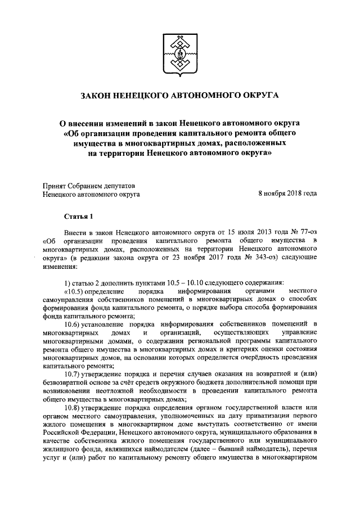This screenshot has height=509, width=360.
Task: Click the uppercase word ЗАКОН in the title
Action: click(99, 96)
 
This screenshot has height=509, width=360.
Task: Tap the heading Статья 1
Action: click(77, 217)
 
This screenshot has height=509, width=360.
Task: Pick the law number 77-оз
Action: click(306, 232)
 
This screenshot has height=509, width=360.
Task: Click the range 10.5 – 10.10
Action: click(186, 282)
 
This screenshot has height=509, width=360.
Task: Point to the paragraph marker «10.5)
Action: click(76, 291)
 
